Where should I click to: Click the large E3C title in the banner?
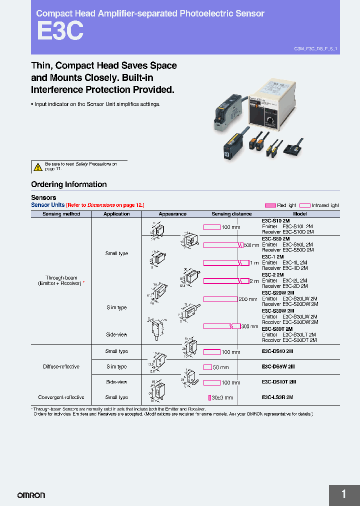[59, 32]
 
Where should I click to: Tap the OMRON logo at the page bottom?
[31, 495]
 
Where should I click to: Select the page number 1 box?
[344, 495]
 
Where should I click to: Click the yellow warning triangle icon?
[37, 166]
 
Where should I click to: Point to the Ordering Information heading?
[69, 184]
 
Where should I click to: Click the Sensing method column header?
[61, 214]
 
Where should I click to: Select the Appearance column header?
[172, 214]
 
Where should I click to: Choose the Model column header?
[300, 214]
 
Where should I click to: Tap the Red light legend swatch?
[270, 205]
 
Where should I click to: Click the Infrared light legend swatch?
[304, 205]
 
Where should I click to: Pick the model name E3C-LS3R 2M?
[277, 397]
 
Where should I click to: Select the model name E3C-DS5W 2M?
[278, 366]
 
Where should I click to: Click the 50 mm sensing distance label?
[220, 367]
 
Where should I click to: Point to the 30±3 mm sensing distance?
[222, 397]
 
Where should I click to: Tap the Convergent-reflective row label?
[61, 397]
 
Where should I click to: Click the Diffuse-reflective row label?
[61, 366]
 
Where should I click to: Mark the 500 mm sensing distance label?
[251, 245]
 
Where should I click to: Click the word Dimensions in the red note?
[101, 205]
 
